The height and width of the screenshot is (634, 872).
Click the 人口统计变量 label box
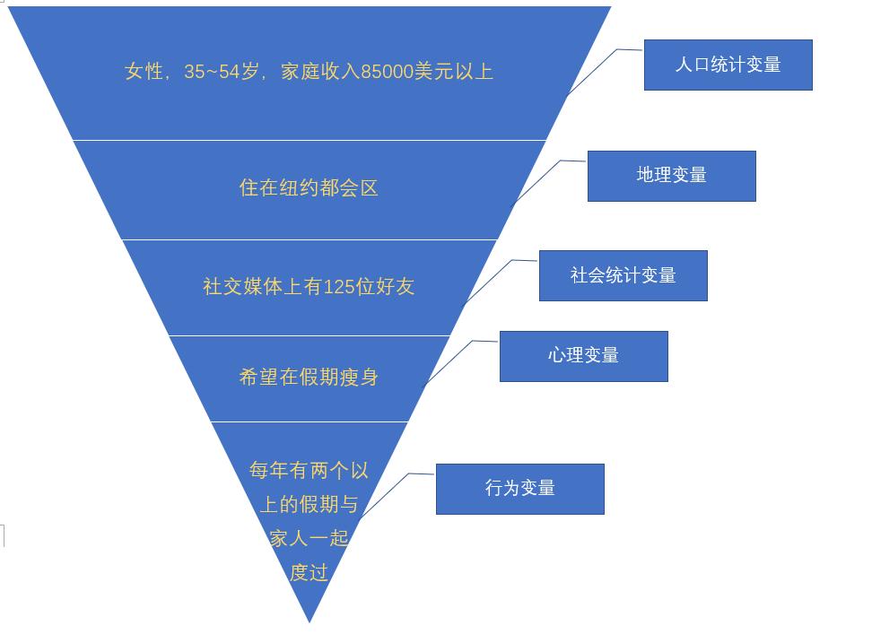[728, 65]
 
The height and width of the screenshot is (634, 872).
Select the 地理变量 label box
[671, 176]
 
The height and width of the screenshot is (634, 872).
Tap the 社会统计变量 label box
[623, 275]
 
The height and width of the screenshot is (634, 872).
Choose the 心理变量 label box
[583, 356]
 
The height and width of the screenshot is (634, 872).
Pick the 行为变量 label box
[519, 489]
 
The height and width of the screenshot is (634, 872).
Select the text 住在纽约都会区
[309, 187]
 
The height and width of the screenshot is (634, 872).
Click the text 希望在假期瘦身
[309, 378]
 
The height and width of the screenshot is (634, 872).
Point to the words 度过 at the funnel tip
[309, 572]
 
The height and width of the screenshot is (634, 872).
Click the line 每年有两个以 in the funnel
[309, 470]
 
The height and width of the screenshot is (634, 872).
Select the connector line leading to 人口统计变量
[592, 71]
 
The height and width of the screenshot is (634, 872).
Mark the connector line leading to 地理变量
[536, 182]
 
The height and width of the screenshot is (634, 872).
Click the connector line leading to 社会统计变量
[487, 282]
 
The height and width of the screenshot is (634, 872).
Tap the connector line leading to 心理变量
[449, 362]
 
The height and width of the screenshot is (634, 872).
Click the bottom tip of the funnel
[310, 619]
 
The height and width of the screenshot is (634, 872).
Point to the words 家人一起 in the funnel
[309, 538]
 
